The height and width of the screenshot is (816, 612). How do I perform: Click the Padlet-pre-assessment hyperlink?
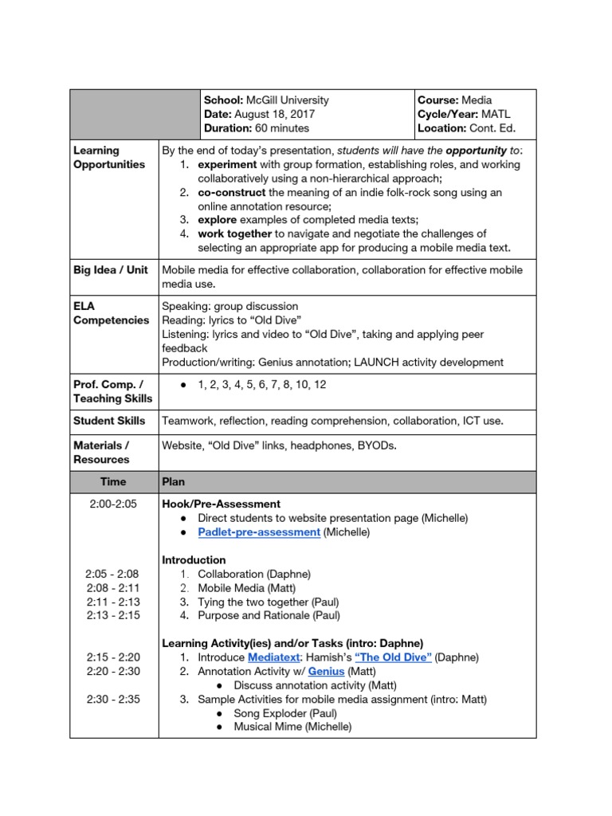(x=259, y=532)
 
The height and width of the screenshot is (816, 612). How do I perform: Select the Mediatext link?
(x=275, y=657)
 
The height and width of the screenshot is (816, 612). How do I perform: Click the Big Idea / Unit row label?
(x=111, y=269)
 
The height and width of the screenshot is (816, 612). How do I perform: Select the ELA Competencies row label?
(x=111, y=313)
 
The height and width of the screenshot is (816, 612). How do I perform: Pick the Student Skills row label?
(x=109, y=420)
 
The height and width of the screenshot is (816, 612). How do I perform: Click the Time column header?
(x=113, y=481)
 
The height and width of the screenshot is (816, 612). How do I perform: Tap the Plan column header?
(x=174, y=481)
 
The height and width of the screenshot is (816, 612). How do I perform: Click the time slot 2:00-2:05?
(x=113, y=504)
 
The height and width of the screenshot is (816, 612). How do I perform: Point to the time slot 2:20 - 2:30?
(x=113, y=672)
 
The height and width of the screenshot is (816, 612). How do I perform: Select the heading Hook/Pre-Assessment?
(x=221, y=504)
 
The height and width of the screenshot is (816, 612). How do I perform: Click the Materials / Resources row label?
(x=101, y=453)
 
